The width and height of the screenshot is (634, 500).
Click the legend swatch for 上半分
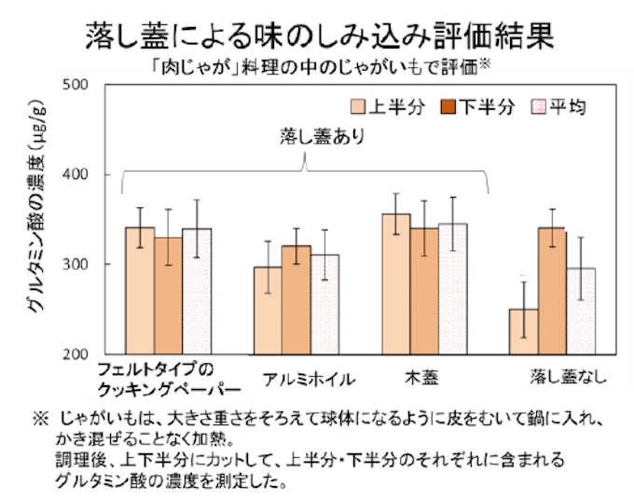pos(358,107)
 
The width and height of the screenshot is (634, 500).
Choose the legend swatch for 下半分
pos(448,107)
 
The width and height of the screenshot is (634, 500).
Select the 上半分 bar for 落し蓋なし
pos(523,331)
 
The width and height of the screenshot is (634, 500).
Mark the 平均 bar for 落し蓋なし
pos(580,311)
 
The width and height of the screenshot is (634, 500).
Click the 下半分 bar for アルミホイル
pos(296,299)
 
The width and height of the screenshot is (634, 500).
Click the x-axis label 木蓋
pos(421,378)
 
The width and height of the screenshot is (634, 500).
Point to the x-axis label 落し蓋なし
pos(569,377)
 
